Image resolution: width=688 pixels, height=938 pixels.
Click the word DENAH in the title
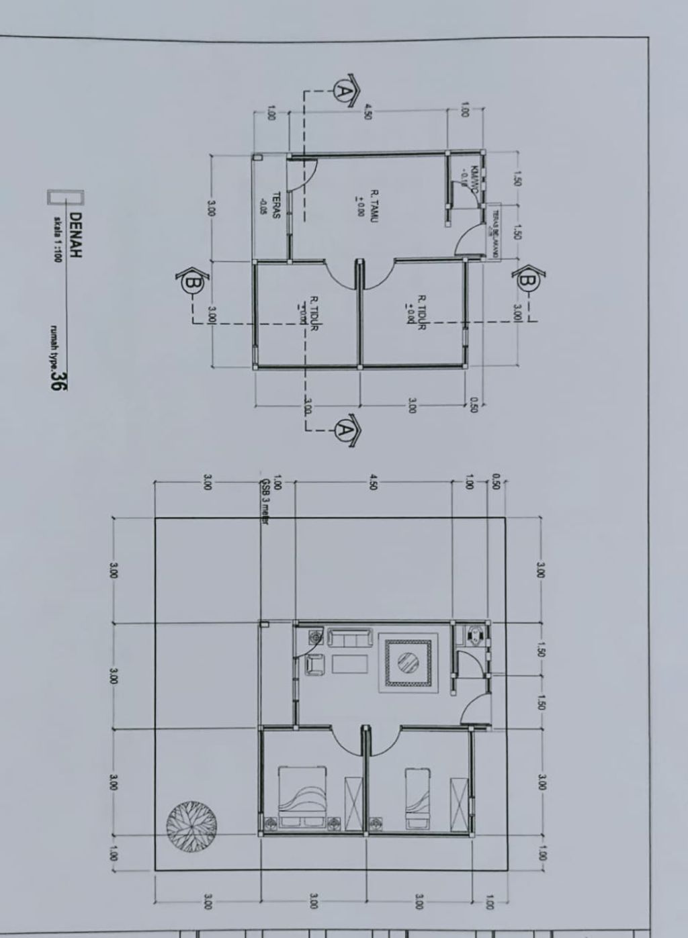click(x=75, y=235)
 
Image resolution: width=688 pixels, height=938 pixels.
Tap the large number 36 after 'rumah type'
click(x=60, y=380)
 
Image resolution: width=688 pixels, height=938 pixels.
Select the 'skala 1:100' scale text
click(x=58, y=239)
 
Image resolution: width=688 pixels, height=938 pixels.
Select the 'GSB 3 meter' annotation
click(x=264, y=501)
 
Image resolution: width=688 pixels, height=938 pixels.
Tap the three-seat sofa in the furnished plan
click(x=349, y=638)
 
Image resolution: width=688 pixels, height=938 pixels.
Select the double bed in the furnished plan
click(x=304, y=796)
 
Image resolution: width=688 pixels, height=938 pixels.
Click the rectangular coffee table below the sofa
click(x=350, y=664)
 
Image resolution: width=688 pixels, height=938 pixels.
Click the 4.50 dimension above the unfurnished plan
click(x=368, y=111)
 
